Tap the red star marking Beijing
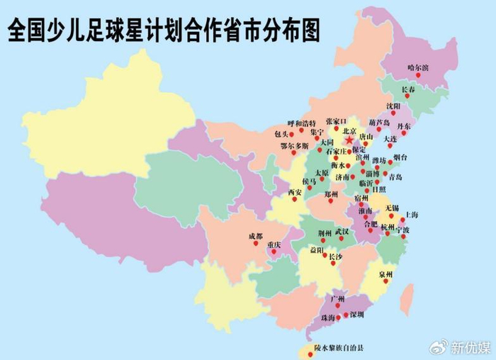(x=349, y=141)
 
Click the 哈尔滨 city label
(x=418, y=69)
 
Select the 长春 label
(x=409, y=90)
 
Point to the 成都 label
(x=255, y=235)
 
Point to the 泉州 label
(x=385, y=274)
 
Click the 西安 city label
(x=294, y=192)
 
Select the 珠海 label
(x=327, y=319)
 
